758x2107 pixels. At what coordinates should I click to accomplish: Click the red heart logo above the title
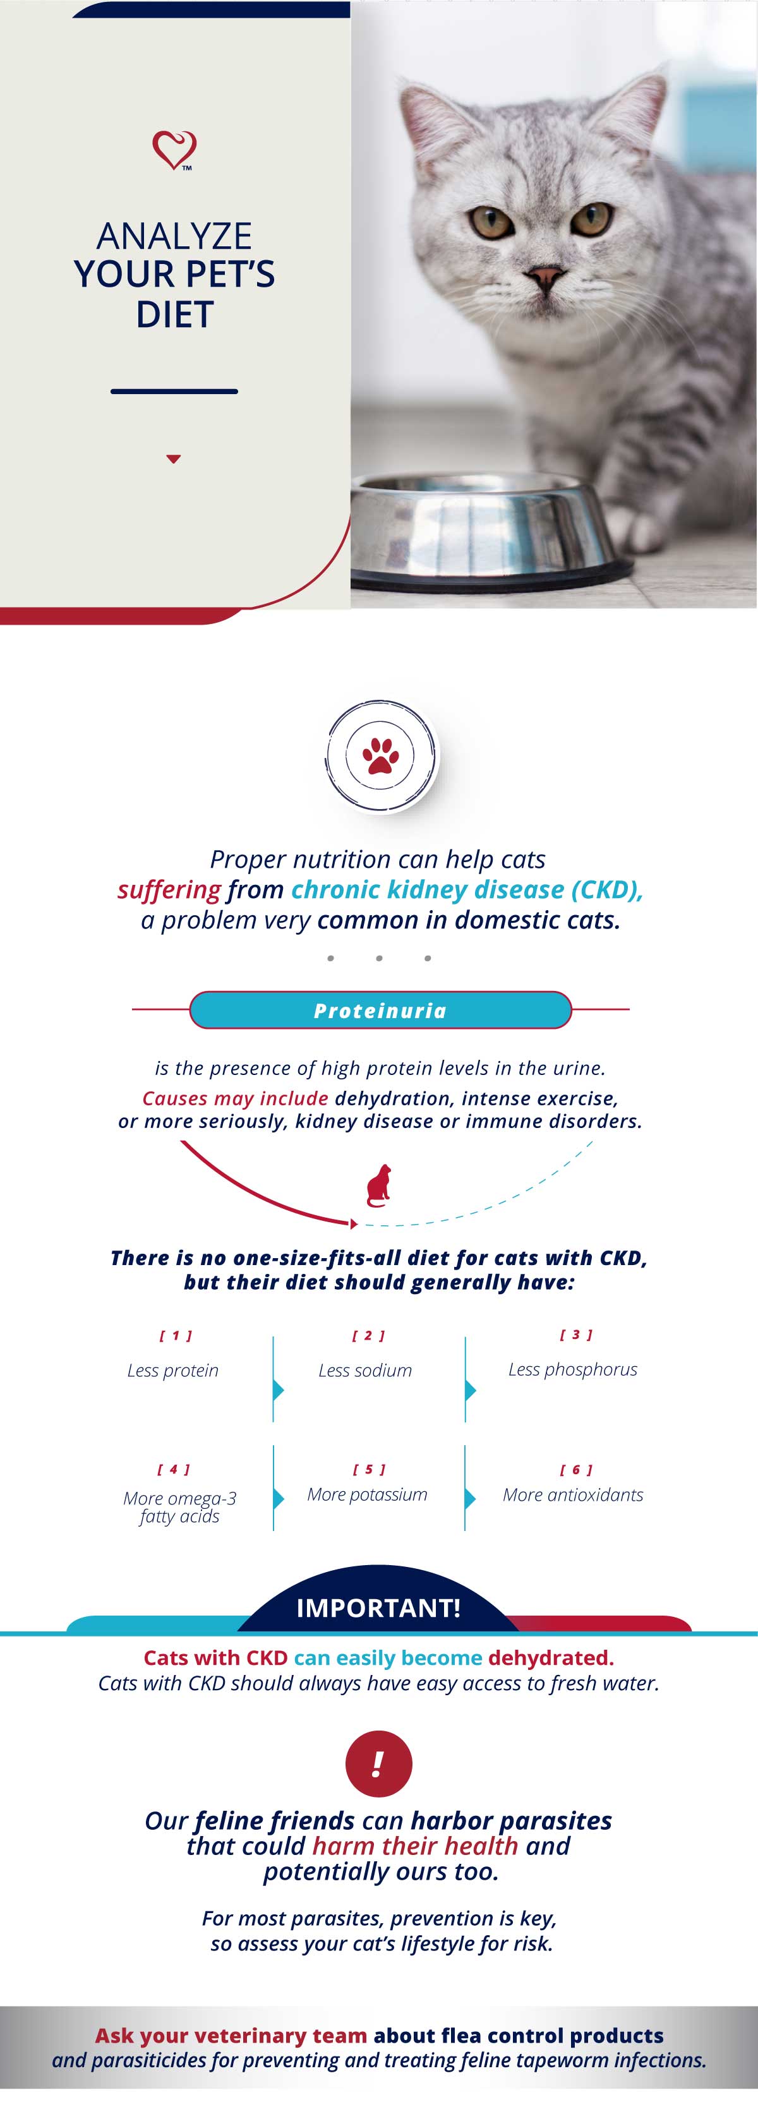[x=174, y=150]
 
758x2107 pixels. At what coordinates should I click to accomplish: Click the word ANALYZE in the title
[x=174, y=236]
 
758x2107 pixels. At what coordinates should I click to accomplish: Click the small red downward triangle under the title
[x=173, y=460]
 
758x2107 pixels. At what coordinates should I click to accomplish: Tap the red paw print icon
[x=380, y=756]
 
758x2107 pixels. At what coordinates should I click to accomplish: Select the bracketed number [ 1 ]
[x=175, y=1336]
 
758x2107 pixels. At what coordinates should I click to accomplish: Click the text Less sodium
[x=366, y=1370]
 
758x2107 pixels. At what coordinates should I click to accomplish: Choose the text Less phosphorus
[x=572, y=1369]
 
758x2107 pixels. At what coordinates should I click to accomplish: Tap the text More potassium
[x=367, y=1494]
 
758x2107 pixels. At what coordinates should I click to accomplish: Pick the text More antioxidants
[x=572, y=1494]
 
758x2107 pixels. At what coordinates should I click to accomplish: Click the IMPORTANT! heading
[x=378, y=1608]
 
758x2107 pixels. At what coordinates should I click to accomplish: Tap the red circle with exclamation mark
[x=378, y=1763]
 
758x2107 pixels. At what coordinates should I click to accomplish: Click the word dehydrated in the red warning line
[x=550, y=1658]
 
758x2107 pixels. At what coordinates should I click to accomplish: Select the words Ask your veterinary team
[x=231, y=2036]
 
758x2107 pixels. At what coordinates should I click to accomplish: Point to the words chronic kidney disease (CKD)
[x=467, y=890]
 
